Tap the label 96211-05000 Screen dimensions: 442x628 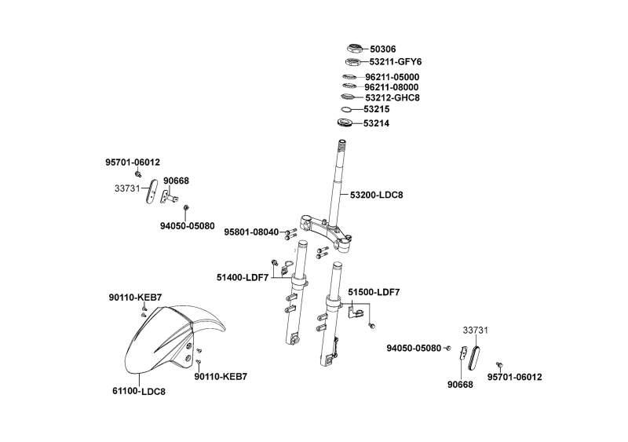coord(392,77)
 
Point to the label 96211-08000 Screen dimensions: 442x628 coord(392,87)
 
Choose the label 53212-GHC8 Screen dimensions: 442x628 coord(393,97)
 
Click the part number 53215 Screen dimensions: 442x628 coord(378,110)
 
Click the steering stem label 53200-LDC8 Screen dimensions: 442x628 coord(382,194)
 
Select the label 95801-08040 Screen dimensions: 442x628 coord(251,232)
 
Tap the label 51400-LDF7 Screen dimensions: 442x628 coord(243,277)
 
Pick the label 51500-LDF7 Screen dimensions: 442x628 coord(374,292)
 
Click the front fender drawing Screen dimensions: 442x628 coord(161,338)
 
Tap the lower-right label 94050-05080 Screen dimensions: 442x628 coord(414,348)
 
